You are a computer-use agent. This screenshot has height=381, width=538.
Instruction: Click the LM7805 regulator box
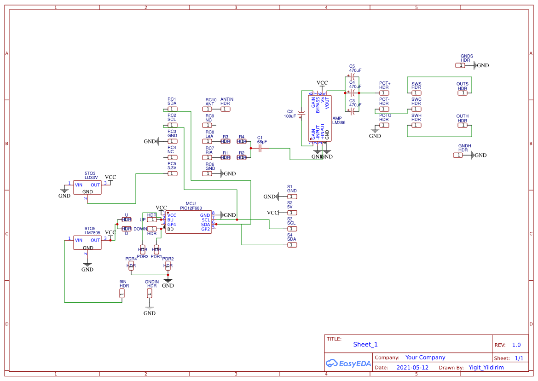click(87, 243)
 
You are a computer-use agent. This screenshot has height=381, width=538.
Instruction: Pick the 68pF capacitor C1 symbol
click(260, 148)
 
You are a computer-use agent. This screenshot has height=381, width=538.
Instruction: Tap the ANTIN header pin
click(225, 109)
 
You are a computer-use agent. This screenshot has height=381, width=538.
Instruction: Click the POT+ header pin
click(384, 93)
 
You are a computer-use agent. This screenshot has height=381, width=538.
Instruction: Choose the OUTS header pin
click(462, 93)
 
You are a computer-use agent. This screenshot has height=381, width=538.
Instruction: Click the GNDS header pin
click(460, 65)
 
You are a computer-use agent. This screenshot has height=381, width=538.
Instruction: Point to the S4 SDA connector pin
click(292, 245)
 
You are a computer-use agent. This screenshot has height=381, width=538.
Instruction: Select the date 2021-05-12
click(412, 368)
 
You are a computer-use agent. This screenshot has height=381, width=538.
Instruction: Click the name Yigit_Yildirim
click(486, 368)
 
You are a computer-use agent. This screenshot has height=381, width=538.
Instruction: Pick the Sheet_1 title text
click(365, 344)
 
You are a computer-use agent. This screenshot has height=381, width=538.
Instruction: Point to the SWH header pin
click(416, 125)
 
